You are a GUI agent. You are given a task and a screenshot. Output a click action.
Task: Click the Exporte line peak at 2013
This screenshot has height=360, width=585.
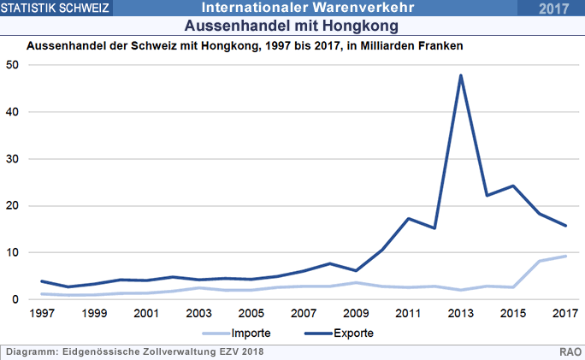(x=461, y=75)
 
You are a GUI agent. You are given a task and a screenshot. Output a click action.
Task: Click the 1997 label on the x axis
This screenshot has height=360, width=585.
(x=42, y=314)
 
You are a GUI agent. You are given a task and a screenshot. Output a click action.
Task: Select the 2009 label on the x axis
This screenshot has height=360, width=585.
(x=356, y=314)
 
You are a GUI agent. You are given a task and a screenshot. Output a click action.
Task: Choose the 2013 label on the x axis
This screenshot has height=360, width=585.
(x=461, y=314)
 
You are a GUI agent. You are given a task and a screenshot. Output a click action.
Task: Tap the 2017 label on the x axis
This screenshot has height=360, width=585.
(x=564, y=314)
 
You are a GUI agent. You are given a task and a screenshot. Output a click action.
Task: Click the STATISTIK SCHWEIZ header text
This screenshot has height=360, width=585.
(x=56, y=9)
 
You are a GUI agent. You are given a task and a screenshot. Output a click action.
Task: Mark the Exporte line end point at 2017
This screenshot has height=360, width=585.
(x=565, y=226)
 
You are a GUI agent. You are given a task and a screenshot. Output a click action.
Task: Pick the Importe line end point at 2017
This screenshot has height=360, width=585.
(x=565, y=257)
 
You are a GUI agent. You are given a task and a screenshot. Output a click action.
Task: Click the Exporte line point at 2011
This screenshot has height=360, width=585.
(x=409, y=219)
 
